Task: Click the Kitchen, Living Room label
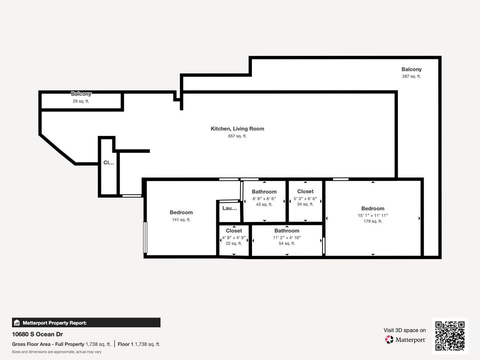[x=237, y=129]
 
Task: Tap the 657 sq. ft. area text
[x=237, y=136]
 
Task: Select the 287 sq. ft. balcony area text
[x=411, y=76]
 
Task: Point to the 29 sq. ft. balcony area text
[x=81, y=101]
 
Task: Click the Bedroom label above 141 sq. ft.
[x=181, y=212]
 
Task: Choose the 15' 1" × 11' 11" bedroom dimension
[x=373, y=215]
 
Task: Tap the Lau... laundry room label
[x=229, y=208]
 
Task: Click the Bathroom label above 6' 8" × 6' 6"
[x=264, y=191]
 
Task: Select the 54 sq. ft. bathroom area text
[x=287, y=243]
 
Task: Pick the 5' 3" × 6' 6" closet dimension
[x=305, y=198]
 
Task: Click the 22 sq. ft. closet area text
[x=234, y=243]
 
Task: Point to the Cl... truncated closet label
[x=108, y=162]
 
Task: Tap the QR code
[x=450, y=336]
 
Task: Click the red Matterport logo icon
[x=389, y=339]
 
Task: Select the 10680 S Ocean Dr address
[x=37, y=334]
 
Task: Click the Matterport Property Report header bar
[x=86, y=322]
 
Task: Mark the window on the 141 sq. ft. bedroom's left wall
[x=145, y=237]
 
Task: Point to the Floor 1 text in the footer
[x=125, y=344]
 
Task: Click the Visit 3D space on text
[x=404, y=330]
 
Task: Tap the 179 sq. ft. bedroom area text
[x=373, y=221]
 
